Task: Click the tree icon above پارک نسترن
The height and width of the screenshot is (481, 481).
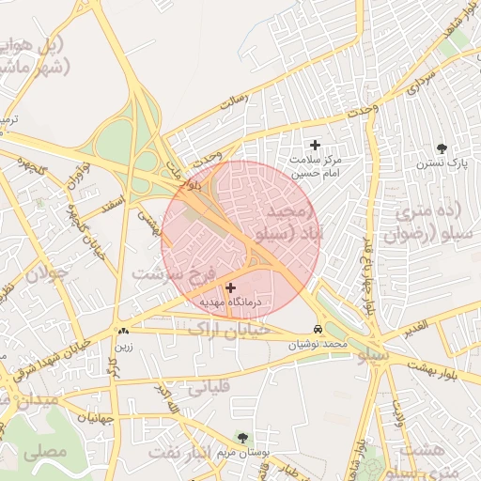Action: point(442,148)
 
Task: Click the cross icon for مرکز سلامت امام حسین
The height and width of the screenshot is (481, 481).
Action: point(315,145)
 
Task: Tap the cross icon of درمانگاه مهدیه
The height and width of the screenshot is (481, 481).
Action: point(231,287)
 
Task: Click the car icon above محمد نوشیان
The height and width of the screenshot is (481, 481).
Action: point(318,330)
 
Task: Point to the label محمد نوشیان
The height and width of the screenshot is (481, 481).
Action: point(319,345)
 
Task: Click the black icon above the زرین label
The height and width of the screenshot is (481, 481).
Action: point(124,331)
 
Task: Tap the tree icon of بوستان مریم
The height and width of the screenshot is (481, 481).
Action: point(243,438)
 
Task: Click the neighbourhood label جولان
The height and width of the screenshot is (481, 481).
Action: point(47,275)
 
